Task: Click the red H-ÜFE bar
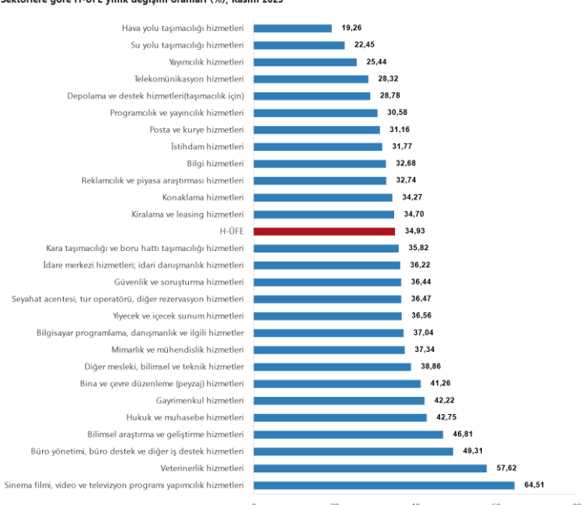[x=324, y=232]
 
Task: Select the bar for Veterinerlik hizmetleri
[x=370, y=468]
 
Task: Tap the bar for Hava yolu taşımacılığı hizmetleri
[x=293, y=28]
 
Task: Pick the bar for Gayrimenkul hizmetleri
[x=339, y=401]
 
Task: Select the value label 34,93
[x=417, y=232]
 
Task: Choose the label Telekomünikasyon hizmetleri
[x=189, y=78]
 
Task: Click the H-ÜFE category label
[x=232, y=232]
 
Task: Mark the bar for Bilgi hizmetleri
[x=319, y=164]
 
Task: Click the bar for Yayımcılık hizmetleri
[x=305, y=62]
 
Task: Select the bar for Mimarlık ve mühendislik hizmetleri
[x=329, y=350]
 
